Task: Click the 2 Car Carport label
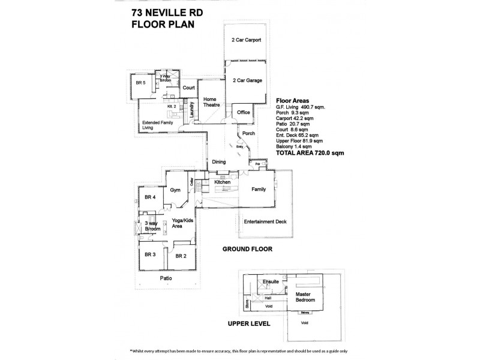(245, 40)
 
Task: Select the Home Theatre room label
(210, 102)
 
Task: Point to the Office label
(243, 112)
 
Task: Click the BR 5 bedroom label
(140, 83)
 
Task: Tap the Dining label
(218, 161)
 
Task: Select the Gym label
(175, 190)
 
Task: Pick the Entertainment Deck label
(265, 222)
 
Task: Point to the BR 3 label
(150, 254)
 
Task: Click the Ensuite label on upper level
(271, 281)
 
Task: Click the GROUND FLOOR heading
(247, 248)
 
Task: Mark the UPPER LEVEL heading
(249, 323)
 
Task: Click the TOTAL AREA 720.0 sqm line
(310, 154)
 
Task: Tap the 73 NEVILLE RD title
(163, 12)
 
